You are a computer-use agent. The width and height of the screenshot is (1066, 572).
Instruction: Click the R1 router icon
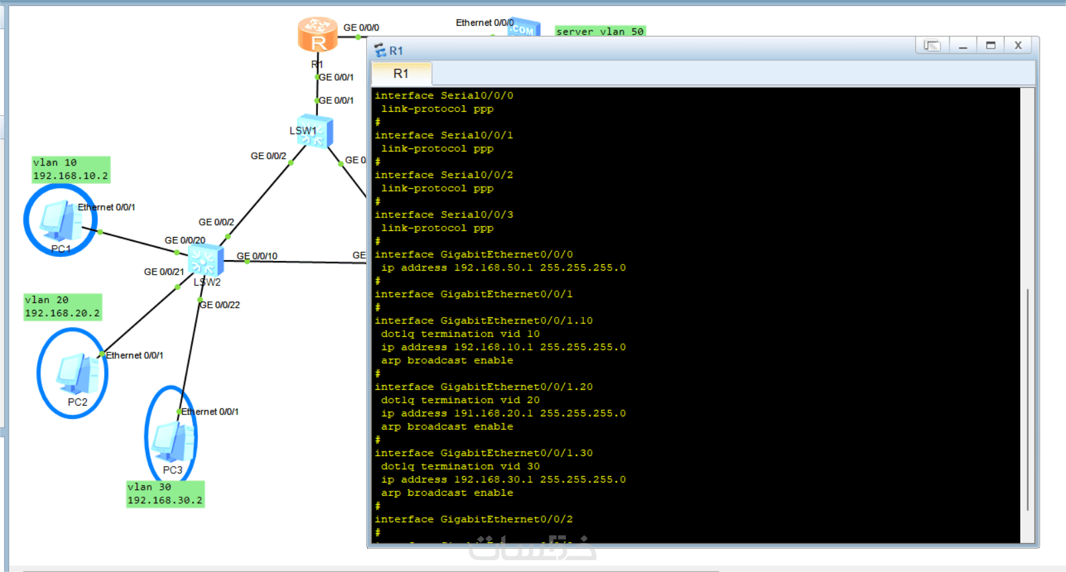[x=317, y=34]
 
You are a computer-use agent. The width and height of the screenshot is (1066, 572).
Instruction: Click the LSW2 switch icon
[x=205, y=260]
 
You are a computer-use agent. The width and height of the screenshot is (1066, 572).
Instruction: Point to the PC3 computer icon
[x=172, y=442]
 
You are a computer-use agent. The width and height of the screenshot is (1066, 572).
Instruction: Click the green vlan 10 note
[x=71, y=169]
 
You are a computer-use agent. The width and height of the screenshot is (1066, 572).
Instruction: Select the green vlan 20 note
[x=63, y=307]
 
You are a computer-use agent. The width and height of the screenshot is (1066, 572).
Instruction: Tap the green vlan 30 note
[x=166, y=494]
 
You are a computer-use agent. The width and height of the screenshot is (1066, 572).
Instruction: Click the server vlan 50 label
[x=599, y=31]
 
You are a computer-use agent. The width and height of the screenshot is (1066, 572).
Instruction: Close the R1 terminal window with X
[x=1018, y=45]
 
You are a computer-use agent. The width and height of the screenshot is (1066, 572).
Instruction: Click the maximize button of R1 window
[x=991, y=45]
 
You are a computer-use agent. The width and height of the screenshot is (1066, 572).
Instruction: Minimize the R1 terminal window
[x=963, y=46]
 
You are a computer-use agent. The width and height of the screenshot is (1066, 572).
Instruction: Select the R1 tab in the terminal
[x=401, y=73]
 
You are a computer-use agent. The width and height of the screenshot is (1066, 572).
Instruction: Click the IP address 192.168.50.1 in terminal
[x=493, y=267]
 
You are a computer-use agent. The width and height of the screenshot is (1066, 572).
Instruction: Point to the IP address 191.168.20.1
[x=493, y=413]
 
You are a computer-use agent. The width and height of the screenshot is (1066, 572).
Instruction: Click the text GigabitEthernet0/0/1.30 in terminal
[x=516, y=453]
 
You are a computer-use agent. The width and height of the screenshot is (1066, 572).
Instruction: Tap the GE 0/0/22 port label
[x=220, y=305]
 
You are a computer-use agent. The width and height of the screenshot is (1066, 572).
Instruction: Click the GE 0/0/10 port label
[x=257, y=256]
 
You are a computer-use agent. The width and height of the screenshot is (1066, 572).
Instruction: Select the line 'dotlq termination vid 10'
[x=460, y=334]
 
